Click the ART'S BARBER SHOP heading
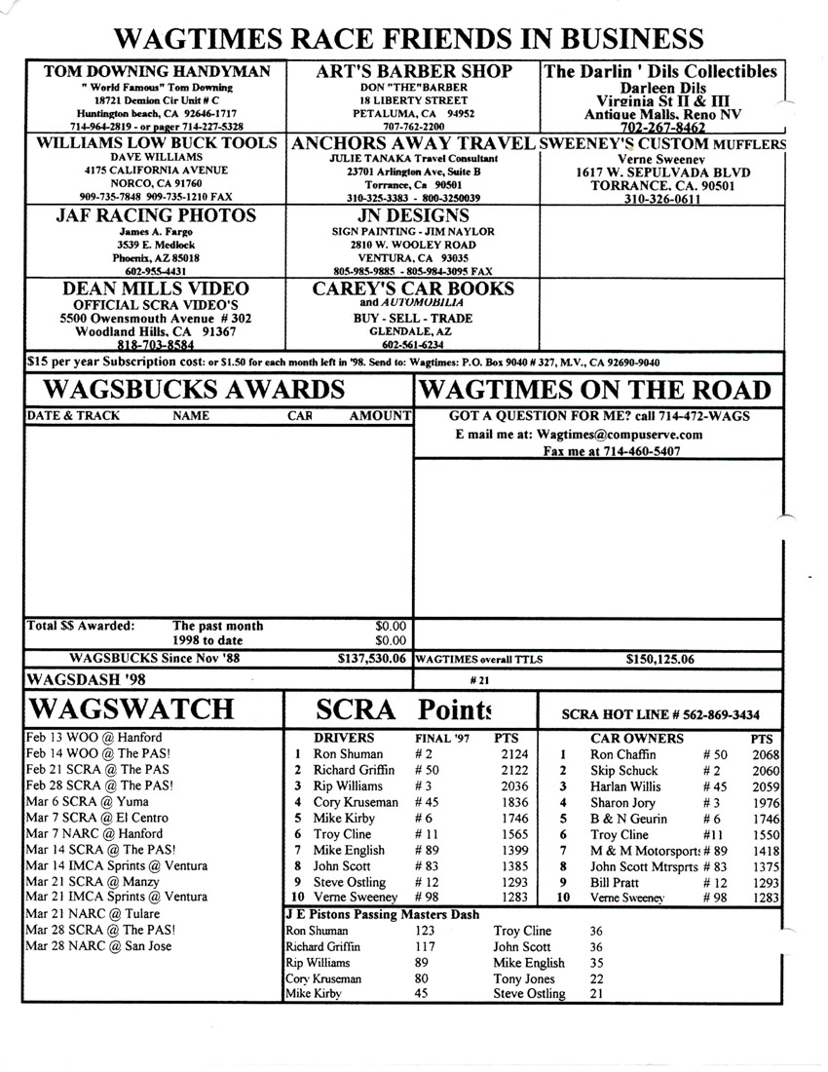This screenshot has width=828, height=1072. (x=413, y=72)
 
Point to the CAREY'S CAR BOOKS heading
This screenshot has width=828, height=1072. (x=413, y=289)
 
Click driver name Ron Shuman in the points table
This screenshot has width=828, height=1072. (x=348, y=754)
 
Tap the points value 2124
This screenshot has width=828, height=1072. (x=512, y=754)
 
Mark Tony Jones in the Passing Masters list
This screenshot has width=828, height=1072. (x=524, y=978)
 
